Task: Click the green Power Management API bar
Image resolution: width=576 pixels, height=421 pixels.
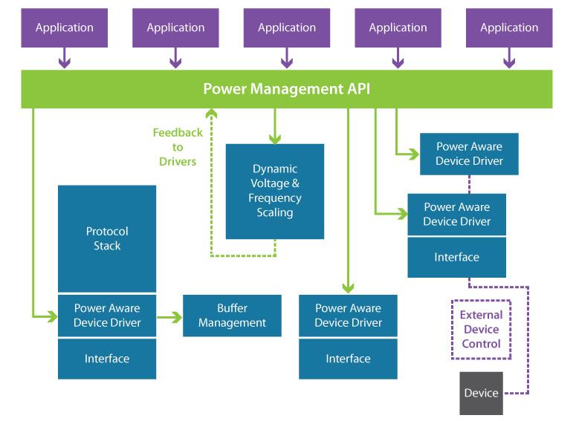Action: [x=287, y=89]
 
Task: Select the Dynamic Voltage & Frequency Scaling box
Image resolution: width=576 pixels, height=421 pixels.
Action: [x=275, y=192]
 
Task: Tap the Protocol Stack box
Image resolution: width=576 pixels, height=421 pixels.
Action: [x=107, y=238]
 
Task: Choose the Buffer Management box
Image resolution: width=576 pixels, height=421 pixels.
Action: [x=232, y=316]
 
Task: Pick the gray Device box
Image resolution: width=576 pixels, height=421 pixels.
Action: [x=481, y=393]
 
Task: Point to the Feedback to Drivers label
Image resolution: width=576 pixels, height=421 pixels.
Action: [x=178, y=147]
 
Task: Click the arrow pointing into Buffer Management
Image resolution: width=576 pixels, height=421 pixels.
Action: [x=169, y=317]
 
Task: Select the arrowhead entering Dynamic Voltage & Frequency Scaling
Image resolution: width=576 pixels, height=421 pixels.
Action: [x=275, y=139]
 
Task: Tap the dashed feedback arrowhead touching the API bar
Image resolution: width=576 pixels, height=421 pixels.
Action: [x=211, y=113]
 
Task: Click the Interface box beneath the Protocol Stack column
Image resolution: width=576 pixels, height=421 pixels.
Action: [x=107, y=359]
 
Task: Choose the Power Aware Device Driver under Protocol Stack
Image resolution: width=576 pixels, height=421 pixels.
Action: [x=107, y=316]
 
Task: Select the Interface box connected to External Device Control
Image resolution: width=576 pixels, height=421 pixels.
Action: [x=456, y=258]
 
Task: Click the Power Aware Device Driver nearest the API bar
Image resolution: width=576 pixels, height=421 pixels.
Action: [x=469, y=154]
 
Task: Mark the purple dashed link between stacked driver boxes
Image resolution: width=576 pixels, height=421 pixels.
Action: [x=469, y=184]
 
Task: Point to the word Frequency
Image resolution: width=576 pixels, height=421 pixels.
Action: [x=275, y=198]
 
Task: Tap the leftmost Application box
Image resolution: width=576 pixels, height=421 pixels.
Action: [x=64, y=28]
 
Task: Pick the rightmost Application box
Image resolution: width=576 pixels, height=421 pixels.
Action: [x=509, y=28]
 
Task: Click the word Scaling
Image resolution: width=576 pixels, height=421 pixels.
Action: [x=275, y=212]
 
